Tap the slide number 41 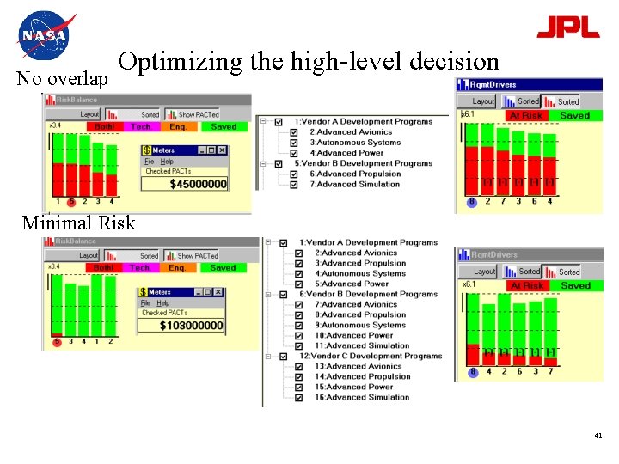click(x=598, y=437)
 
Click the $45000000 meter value click(x=198, y=184)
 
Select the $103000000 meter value click(x=191, y=326)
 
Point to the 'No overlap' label click(x=63, y=79)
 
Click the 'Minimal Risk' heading click(x=78, y=223)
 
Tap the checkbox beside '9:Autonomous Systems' click(x=298, y=325)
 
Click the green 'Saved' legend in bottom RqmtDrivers click(x=575, y=285)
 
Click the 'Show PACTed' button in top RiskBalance click(x=198, y=114)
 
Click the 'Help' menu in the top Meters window click(x=167, y=161)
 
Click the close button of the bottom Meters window click(x=219, y=292)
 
